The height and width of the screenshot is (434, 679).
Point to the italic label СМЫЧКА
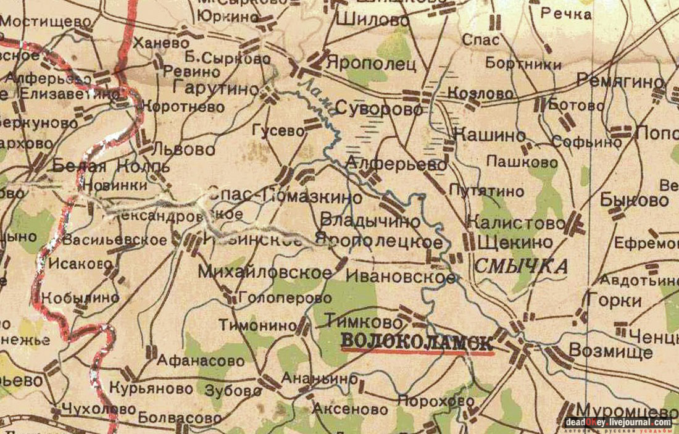pyautogui.click(x=522, y=266)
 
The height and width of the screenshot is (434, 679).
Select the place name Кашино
pyautogui.click(x=489, y=136)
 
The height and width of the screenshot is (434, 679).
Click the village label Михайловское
pyautogui.click(x=261, y=272)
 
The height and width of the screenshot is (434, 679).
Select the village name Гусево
pyautogui.click(x=278, y=131)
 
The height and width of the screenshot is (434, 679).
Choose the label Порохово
pyautogui.click(x=436, y=401)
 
